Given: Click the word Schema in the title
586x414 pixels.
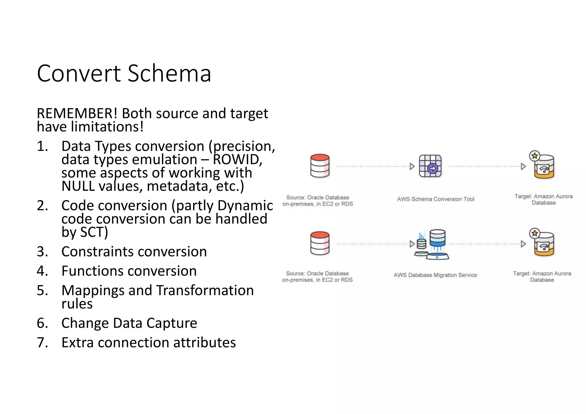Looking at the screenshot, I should coord(169,74).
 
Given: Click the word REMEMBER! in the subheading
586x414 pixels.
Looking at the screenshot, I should coord(77,114).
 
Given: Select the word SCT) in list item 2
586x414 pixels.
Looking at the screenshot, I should coord(94,232).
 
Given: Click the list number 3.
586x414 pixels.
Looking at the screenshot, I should coord(42,252).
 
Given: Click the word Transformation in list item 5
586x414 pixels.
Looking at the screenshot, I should coord(205,290).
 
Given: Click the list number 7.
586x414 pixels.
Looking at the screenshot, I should coord(42,343).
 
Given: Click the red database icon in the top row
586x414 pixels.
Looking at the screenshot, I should coord(320,166).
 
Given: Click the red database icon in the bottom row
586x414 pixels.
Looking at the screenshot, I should coord(320,243).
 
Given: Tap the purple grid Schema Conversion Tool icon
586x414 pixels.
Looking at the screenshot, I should coord(430,166).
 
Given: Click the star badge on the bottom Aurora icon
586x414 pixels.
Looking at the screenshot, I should coord(534,233).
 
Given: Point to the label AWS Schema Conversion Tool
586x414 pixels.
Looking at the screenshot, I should coord(435,199).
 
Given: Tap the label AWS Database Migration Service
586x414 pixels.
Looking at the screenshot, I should coord(435,275).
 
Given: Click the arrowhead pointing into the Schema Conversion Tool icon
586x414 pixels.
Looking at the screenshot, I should coord(412,166).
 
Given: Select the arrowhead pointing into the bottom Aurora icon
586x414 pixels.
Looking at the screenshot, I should coord(523,244).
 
